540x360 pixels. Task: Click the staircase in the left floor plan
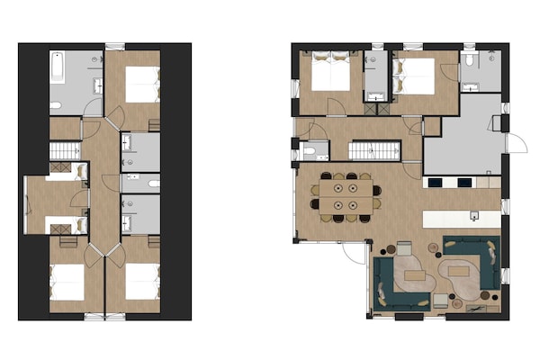click(65, 149)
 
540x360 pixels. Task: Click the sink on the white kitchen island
click(473, 216)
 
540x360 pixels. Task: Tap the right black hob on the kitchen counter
click(464, 183)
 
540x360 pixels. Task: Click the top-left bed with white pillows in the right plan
click(330, 72)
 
